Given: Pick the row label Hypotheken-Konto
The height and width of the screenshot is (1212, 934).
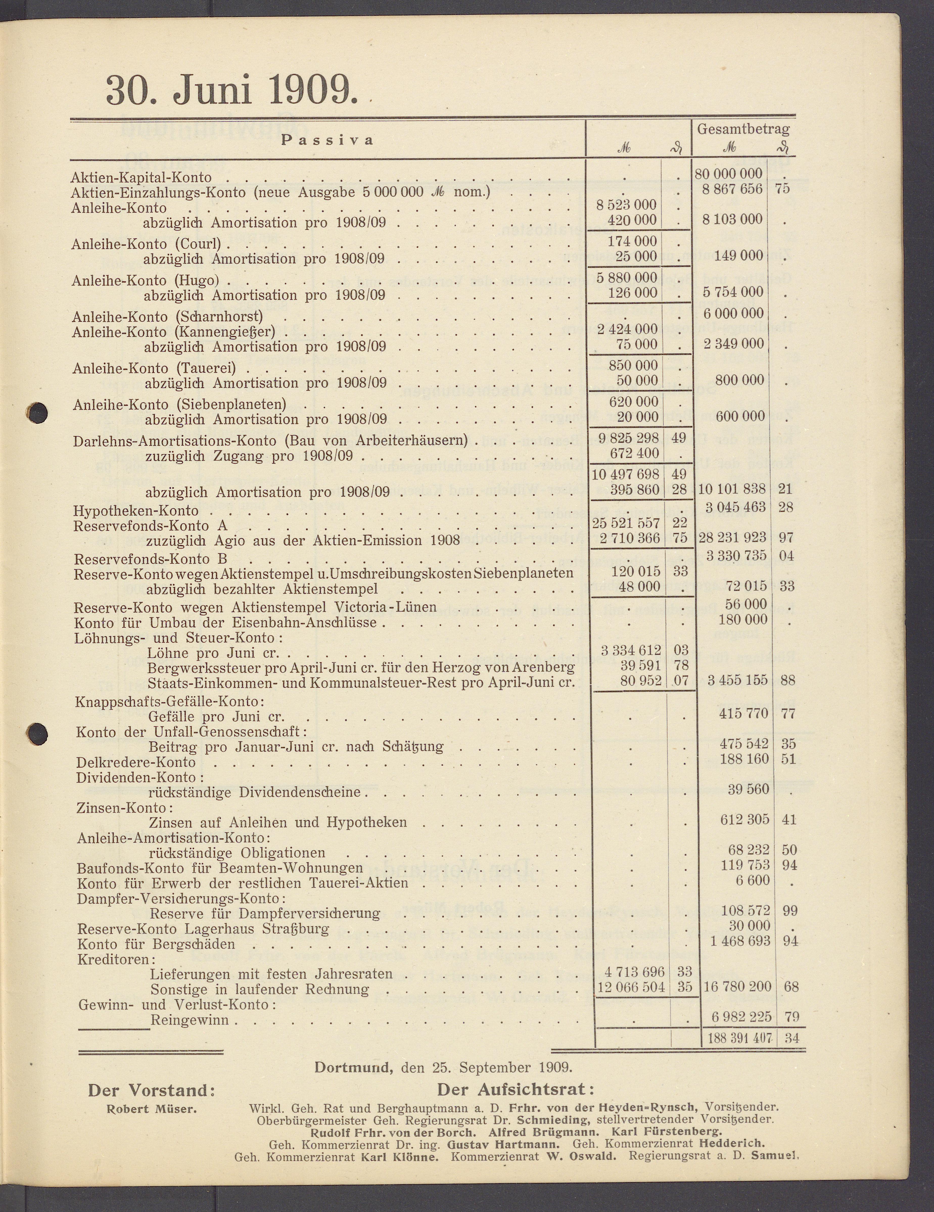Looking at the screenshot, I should (x=136, y=510).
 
